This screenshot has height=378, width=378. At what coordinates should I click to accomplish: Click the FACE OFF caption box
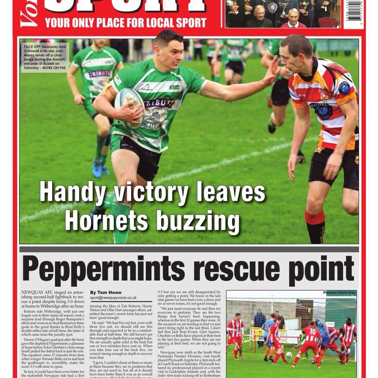(45, 57)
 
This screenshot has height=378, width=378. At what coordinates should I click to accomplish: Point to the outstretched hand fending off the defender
(272, 72)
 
